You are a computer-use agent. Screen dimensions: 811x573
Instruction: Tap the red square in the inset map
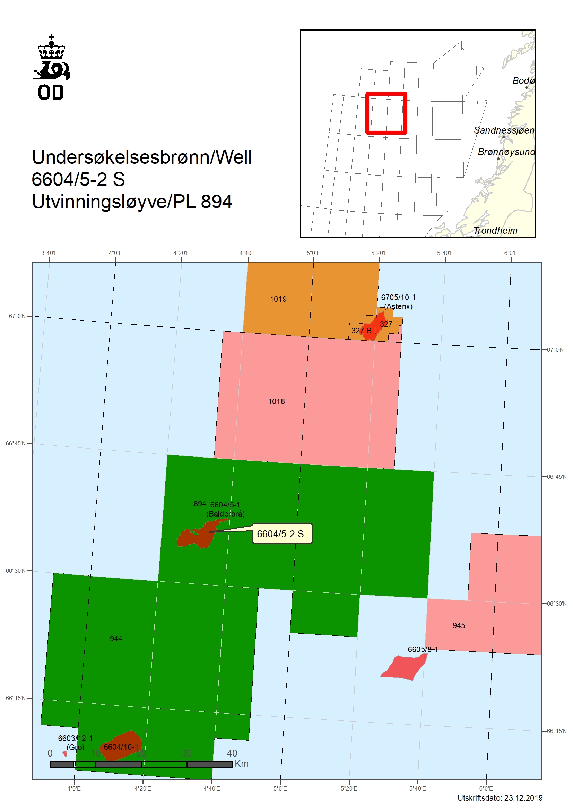386,113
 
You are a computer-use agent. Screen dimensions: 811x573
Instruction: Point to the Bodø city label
523,81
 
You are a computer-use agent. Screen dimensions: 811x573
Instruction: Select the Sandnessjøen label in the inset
504,130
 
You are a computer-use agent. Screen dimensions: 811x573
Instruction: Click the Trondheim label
495,231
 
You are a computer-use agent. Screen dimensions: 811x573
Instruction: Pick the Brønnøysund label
506,152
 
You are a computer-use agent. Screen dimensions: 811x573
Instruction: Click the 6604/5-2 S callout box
282,534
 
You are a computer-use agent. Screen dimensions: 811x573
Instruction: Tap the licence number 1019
278,299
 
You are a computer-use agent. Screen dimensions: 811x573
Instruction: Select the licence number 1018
276,401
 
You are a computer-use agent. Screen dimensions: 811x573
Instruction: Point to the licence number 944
116,639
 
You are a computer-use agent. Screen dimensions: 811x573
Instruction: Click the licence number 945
459,625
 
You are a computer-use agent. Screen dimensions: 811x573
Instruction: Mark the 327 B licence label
361,331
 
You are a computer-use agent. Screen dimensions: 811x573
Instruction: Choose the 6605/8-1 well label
422,649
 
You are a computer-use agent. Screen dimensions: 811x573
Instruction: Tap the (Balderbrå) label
225,514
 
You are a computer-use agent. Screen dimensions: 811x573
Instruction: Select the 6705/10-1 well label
398,297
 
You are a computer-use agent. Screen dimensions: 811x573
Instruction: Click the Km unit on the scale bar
242,763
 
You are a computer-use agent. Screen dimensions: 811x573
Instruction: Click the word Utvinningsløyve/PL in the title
113,202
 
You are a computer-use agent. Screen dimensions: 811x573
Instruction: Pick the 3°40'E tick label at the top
50,253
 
